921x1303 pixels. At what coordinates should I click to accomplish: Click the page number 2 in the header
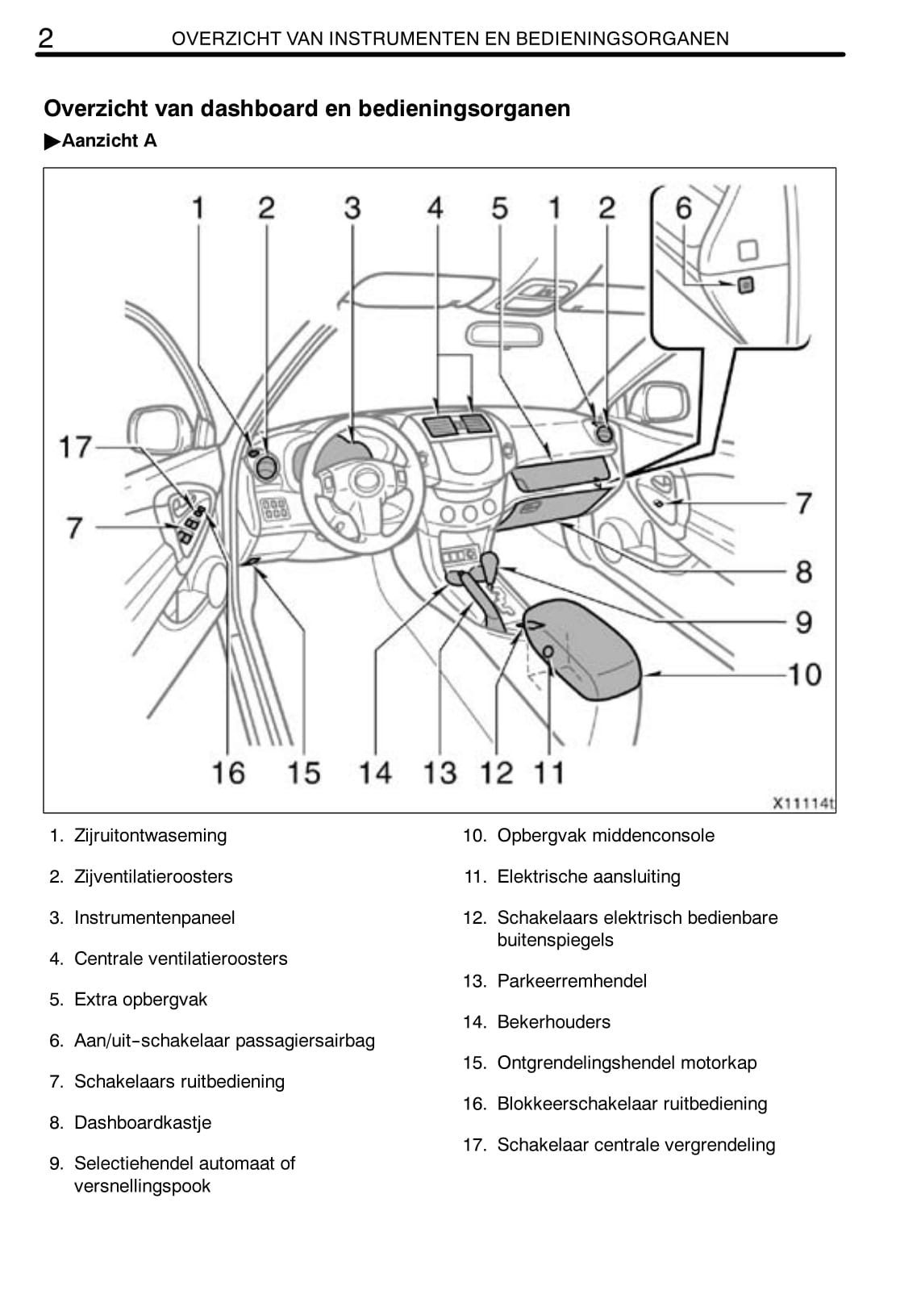point(47,37)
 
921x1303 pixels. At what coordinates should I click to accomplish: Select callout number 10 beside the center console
point(804,674)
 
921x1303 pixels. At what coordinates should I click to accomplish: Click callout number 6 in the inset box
point(683,208)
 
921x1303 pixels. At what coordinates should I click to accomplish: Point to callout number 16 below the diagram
point(227,772)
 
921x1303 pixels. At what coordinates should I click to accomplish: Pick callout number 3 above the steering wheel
point(352,208)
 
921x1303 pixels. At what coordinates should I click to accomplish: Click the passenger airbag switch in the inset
point(746,284)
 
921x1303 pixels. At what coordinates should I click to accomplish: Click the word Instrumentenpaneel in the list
point(154,917)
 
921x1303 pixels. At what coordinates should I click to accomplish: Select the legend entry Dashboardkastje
point(142,1122)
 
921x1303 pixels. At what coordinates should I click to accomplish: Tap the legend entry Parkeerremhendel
point(572,980)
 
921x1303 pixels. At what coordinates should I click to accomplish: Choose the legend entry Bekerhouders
point(553,1021)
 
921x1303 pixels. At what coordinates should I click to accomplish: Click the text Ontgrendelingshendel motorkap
point(627,1063)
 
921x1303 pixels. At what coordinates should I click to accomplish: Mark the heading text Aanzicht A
point(109,140)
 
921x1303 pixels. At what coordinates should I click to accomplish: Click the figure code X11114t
point(803,803)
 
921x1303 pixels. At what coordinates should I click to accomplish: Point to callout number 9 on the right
point(803,622)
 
